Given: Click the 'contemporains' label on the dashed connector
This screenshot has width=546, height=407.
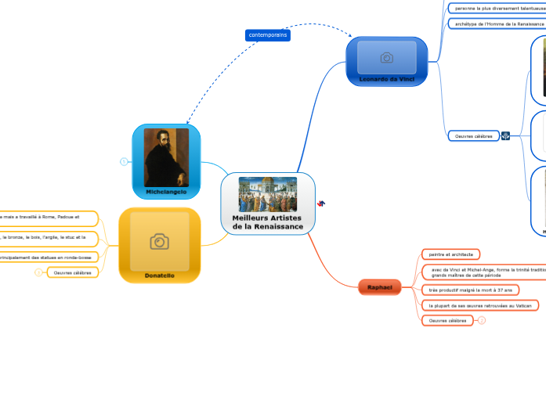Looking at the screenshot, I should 268,35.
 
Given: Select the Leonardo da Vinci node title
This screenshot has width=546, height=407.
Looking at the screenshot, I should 386,79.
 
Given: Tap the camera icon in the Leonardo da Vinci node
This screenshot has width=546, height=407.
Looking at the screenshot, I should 386,58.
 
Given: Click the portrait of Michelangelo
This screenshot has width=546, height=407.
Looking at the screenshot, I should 166,157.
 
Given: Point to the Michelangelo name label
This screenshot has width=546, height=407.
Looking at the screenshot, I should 166,192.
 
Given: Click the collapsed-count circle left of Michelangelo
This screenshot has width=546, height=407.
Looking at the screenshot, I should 124,162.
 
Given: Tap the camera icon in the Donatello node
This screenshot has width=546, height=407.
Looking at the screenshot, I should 159,242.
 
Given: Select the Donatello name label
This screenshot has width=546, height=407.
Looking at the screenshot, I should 159,276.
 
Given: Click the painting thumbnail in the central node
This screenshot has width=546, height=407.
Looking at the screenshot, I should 268,193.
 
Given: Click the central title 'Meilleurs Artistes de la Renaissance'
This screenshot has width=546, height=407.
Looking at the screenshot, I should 268,222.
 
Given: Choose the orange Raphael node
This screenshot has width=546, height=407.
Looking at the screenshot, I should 380,288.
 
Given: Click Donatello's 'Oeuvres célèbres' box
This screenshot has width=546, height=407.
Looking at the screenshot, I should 72,272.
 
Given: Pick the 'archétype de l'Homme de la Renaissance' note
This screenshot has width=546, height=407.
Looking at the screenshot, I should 497,24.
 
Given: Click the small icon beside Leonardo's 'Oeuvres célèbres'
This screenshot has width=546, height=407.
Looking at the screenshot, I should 505,136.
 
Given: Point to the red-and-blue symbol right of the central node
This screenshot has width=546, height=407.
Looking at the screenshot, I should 321,203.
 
